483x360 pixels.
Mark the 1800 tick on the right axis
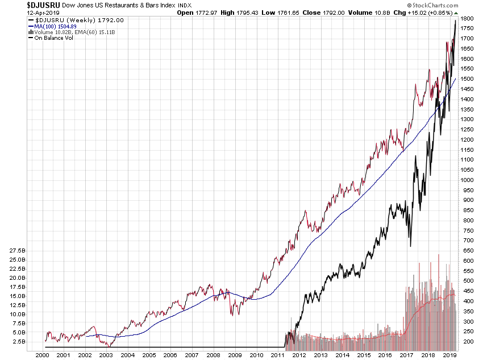[x=467, y=19]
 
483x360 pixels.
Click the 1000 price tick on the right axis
[x=467, y=180]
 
